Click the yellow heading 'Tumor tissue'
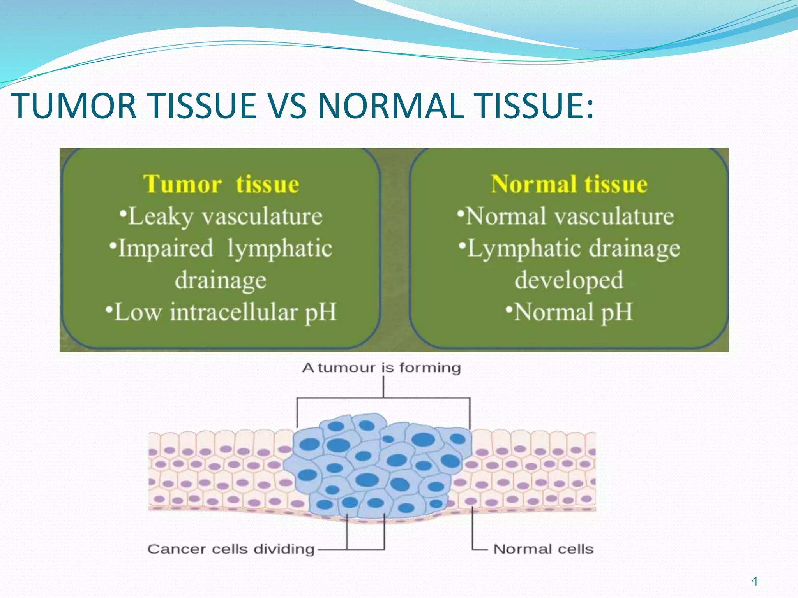click(x=221, y=184)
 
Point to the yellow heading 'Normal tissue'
click(x=569, y=184)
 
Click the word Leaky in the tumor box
click(x=160, y=216)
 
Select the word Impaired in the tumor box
click(x=165, y=248)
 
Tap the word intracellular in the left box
click(x=233, y=312)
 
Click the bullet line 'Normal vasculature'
click(x=566, y=216)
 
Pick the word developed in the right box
click(x=569, y=280)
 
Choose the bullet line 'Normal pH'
click(x=569, y=312)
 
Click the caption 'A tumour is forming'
click(x=381, y=368)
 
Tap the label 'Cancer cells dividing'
click(x=231, y=549)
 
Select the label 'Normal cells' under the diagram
click(x=543, y=549)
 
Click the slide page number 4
click(x=754, y=581)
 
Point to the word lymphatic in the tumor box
click(x=280, y=248)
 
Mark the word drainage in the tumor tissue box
click(x=221, y=280)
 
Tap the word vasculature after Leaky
click(x=262, y=216)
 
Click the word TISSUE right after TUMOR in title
click(x=203, y=106)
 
